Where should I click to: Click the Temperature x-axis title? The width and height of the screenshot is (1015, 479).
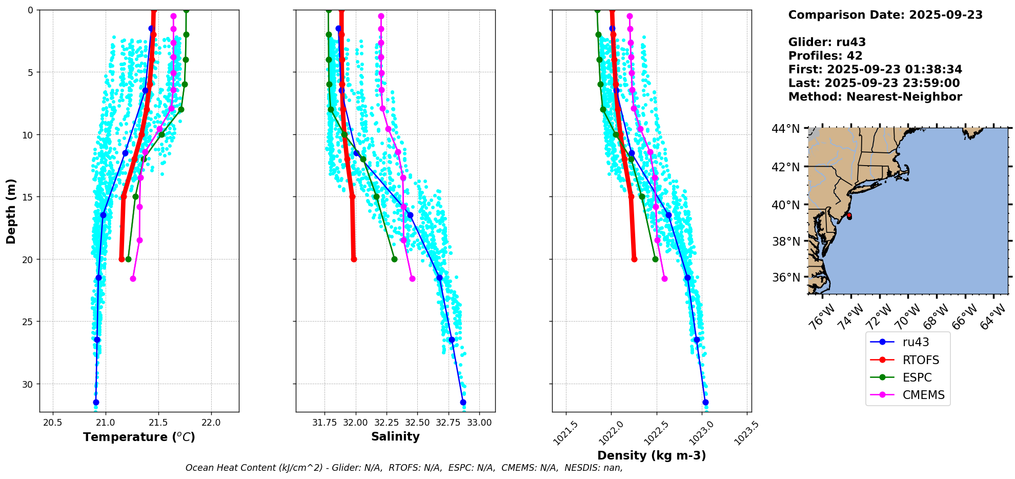139,437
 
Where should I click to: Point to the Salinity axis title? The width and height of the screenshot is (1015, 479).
395,436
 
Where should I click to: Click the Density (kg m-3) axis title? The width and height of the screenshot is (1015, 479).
652,455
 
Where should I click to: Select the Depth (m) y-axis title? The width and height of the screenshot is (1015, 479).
11,211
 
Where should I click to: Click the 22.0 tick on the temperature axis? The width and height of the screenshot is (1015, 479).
211,423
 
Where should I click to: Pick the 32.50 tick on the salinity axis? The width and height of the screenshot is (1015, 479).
417,423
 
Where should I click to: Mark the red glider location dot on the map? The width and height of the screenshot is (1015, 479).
849,216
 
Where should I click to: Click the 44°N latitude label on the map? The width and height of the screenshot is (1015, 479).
786,129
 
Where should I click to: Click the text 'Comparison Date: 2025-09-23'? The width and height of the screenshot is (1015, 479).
885,15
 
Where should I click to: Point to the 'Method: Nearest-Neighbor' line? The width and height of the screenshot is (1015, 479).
875,97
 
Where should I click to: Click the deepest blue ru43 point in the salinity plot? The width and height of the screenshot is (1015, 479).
463,402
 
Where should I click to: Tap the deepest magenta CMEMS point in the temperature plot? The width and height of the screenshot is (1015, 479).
133,278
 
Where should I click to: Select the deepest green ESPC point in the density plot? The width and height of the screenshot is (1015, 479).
655,259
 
